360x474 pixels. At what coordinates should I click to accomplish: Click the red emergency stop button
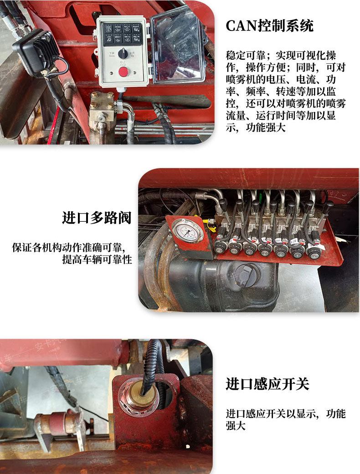[123, 72]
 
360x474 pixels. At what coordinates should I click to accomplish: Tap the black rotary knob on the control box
[123, 54]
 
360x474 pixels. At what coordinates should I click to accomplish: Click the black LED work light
[36, 52]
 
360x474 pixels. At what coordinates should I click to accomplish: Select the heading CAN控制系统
[269, 25]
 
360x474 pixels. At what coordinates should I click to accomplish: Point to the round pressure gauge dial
[187, 231]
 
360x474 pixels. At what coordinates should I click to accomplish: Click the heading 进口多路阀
[97, 218]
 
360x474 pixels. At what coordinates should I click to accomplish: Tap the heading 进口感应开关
[267, 384]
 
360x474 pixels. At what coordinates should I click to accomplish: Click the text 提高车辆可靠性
[97, 259]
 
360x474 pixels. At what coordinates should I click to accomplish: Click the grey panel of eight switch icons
[123, 33]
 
